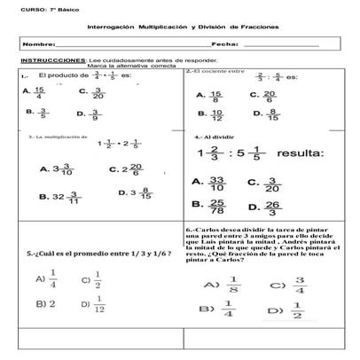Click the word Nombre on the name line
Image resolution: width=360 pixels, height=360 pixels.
[38, 43]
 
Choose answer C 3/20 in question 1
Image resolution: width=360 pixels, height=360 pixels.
[91, 92]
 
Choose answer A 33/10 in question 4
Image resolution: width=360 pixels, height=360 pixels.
[210, 183]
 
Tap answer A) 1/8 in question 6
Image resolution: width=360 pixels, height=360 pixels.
[222, 286]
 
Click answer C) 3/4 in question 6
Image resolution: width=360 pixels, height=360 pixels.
[289, 286]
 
